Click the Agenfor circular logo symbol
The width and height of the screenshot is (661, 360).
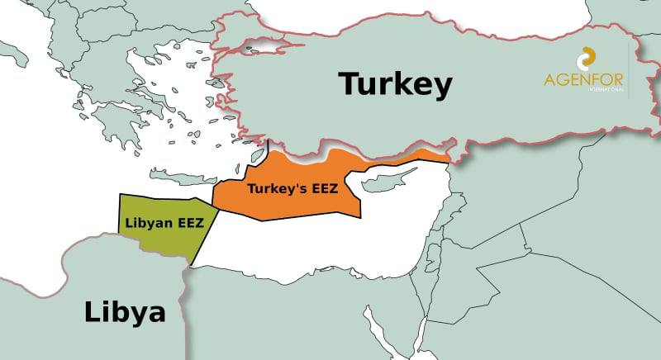click(587, 58)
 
